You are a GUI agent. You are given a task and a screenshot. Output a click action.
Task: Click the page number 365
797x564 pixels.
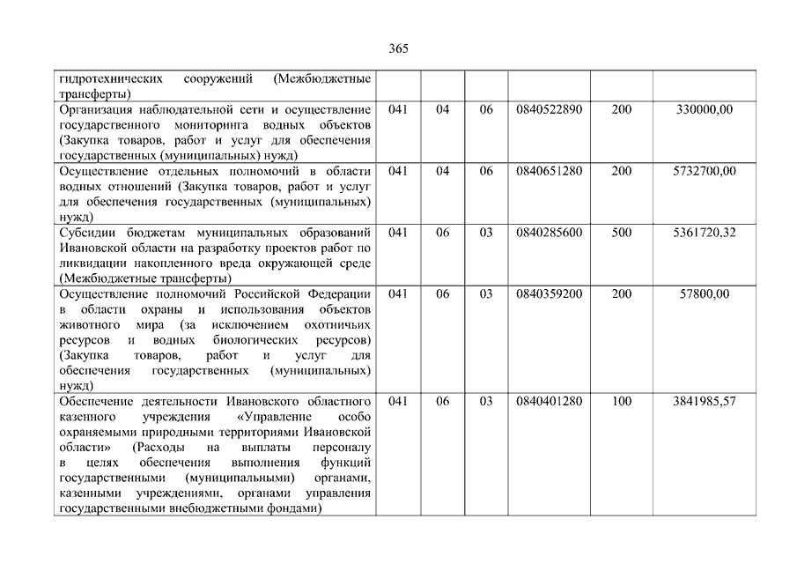(x=398, y=48)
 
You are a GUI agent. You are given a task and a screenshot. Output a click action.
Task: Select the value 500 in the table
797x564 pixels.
(x=621, y=233)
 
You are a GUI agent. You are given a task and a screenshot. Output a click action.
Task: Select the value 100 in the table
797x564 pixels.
(x=621, y=401)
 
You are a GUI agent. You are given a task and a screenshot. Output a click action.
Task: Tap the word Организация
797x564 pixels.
(x=100, y=109)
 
